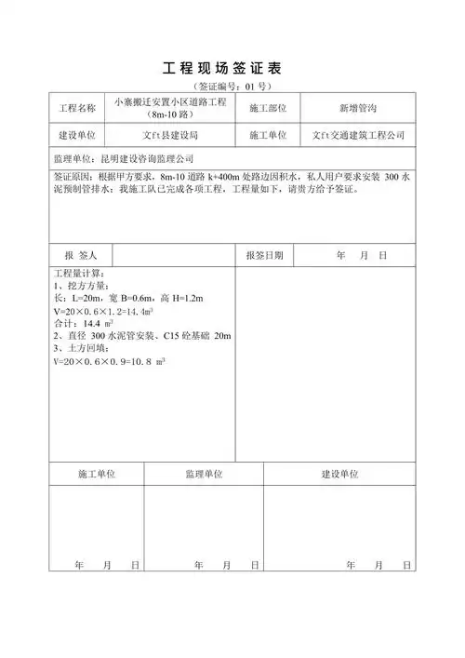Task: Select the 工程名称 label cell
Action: point(77,109)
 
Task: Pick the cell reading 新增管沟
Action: point(358,109)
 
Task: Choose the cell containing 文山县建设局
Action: point(174,136)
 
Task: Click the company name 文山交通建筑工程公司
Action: point(358,136)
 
